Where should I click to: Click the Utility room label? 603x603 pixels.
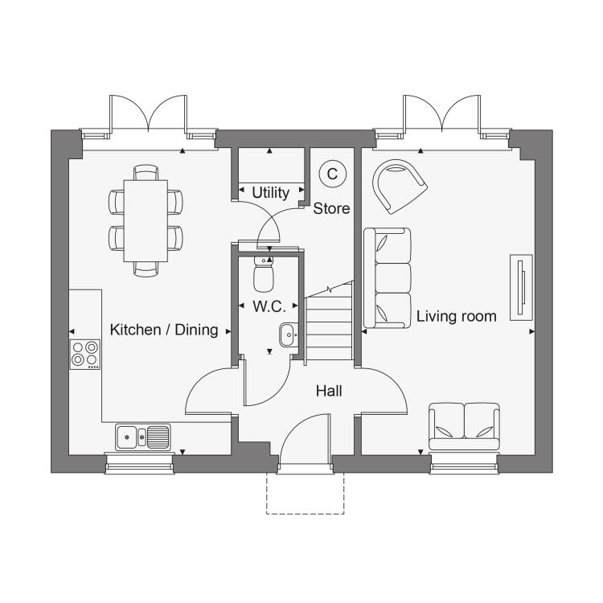tap(270, 193)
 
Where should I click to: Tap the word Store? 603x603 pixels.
tap(331, 208)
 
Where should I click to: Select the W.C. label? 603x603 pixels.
tap(269, 306)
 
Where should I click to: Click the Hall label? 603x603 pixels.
tap(329, 391)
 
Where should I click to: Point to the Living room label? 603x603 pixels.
tap(457, 317)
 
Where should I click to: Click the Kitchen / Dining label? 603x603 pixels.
tap(164, 330)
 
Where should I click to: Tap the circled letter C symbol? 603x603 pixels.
tap(332, 174)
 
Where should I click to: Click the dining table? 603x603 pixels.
tap(146, 221)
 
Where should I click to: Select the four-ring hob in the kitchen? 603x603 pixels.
tap(85, 355)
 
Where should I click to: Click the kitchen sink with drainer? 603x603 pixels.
tap(142, 437)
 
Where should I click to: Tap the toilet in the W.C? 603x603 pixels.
tap(264, 274)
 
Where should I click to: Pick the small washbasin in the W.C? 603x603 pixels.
tap(289, 335)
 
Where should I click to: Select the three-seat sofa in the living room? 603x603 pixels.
tap(388, 278)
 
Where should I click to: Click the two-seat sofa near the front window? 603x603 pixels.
tap(464, 426)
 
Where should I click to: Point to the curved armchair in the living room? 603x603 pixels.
tap(400, 187)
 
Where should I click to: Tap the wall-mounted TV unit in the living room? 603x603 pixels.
tap(522, 287)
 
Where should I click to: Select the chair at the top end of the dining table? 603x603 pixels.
tap(146, 172)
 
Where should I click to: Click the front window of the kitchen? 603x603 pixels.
tap(139, 463)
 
